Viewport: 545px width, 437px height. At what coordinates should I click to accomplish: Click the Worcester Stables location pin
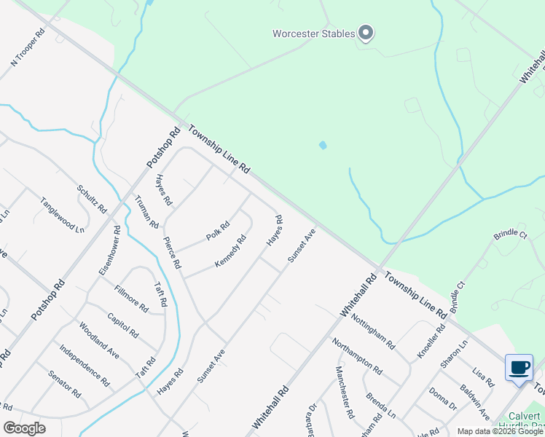pyautogui.click(x=366, y=34)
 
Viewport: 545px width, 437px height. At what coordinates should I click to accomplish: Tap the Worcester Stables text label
pyautogui.click(x=313, y=34)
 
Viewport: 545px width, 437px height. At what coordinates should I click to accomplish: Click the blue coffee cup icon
pyautogui.click(x=519, y=368)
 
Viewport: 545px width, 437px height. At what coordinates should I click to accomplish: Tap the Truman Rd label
pyautogui.click(x=146, y=211)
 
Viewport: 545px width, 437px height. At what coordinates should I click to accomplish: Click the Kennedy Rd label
pyautogui.click(x=230, y=251)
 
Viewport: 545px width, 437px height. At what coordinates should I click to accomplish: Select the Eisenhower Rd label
pyautogui.click(x=109, y=248)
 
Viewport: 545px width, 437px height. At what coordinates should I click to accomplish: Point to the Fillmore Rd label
pyautogui.click(x=131, y=299)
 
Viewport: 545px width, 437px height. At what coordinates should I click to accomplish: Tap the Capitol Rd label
pyautogui.click(x=122, y=325)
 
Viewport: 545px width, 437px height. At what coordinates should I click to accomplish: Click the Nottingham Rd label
pyautogui.click(x=372, y=328)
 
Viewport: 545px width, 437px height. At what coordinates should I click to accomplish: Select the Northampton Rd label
pyautogui.click(x=356, y=355)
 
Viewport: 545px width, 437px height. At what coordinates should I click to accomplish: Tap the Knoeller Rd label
pyautogui.click(x=431, y=339)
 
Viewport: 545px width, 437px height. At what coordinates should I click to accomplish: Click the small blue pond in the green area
pyautogui.click(x=323, y=145)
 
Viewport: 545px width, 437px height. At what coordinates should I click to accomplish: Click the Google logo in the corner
pyautogui.click(x=24, y=428)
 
